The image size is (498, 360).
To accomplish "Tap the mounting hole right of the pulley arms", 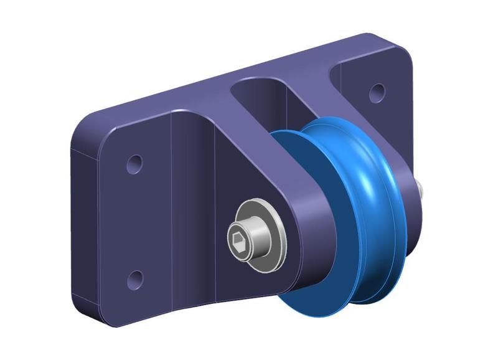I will (376, 93).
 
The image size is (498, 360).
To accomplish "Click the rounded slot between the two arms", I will (261, 100).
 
